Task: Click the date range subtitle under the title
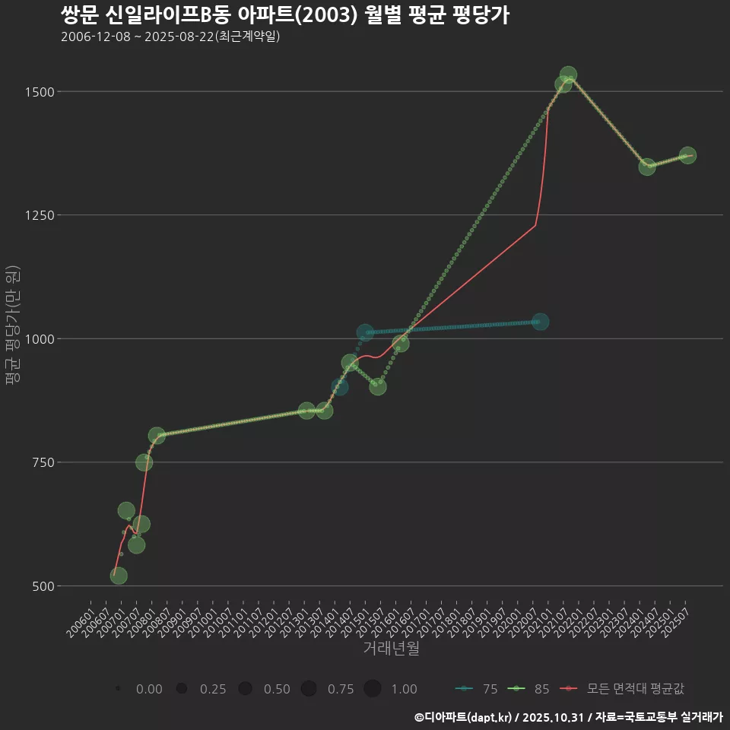coord(170,36)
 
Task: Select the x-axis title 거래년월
coord(391,649)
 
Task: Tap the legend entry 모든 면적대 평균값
coord(630,689)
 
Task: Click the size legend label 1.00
coord(404,689)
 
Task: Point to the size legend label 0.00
coord(148,689)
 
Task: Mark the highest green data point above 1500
coord(568,75)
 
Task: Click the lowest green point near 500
coord(119,576)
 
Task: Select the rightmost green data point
coord(687,155)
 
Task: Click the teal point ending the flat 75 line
coord(541,322)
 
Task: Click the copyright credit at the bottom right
coord(568,717)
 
